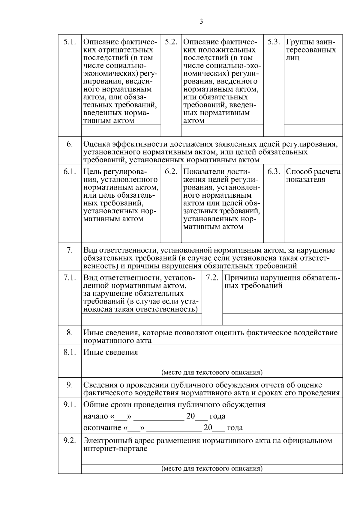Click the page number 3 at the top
[x=201, y=21]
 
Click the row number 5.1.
[x=69, y=42]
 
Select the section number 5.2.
[x=171, y=42]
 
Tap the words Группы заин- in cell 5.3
[x=310, y=42]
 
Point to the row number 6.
[x=69, y=144]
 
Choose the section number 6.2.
[x=171, y=172]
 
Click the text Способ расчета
[x=313, y=172]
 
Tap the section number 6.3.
[x=273, y=172]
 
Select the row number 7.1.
[x=69, y=277]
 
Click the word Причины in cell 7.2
[x=239, y=277]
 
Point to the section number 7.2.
[x=212, y=277]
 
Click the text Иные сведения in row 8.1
[x=110, y=352]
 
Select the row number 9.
[x=69, y=385]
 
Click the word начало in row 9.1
[x=95, y=416]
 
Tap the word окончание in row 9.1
[x=102, y=428]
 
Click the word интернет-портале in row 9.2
[x=115, y=449]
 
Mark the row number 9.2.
[x=69, y=441]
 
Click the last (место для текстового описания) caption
[x=212, y=469]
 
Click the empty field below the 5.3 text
[x=313, y=130]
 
